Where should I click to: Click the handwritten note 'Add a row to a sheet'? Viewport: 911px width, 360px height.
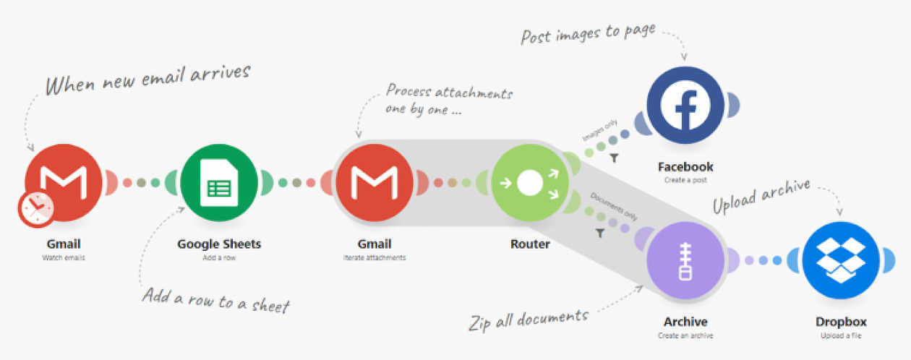pyautogui.click(x=215, y=299)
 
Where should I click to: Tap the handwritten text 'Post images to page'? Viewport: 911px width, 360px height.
pyautogui.click(x=588, y=33)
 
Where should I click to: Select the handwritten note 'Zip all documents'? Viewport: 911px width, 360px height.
pyautogui.click(x=528, y=317)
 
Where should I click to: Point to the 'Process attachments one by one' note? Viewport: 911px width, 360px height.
pyautogui.click(x=448, y=101)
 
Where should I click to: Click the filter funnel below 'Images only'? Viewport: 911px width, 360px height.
pyautogui.click(x=614, y=158)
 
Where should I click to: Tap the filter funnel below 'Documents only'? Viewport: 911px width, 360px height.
pyautogui.click(x=599, y=233)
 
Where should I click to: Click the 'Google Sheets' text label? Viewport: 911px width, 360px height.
pyautogui.click(x=219, y=244)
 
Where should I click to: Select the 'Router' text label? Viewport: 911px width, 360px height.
pyautogui.click(x=530, y=244)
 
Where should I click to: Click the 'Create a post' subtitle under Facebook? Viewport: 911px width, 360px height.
pyautogui.click(x=685, y=179)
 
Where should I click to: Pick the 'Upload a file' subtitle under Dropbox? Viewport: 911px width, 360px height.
pyautogui.click(x=841, y=335)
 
